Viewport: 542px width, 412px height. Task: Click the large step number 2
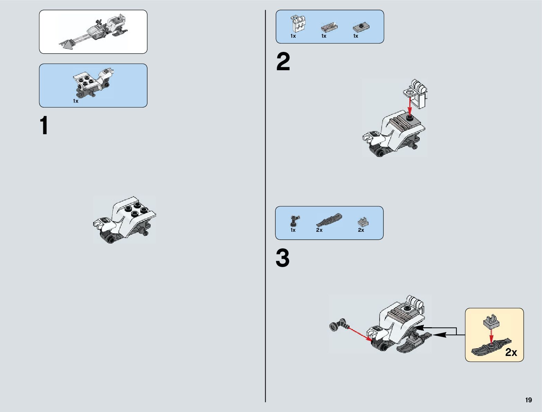(283, 62)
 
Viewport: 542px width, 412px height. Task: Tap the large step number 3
(283, 258)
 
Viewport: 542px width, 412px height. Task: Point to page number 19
(528, 400)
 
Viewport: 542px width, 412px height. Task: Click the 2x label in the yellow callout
(511, 353)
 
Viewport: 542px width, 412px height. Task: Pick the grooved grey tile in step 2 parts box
(329, 27)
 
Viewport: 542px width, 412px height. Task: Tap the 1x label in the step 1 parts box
(75, 101)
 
